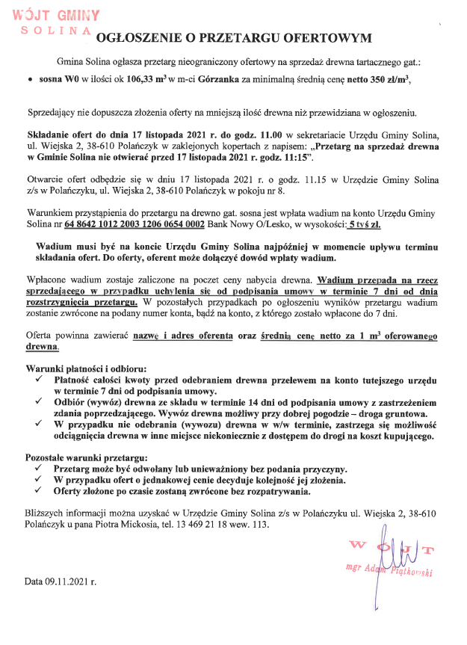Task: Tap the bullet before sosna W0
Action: tap(28, 78)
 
